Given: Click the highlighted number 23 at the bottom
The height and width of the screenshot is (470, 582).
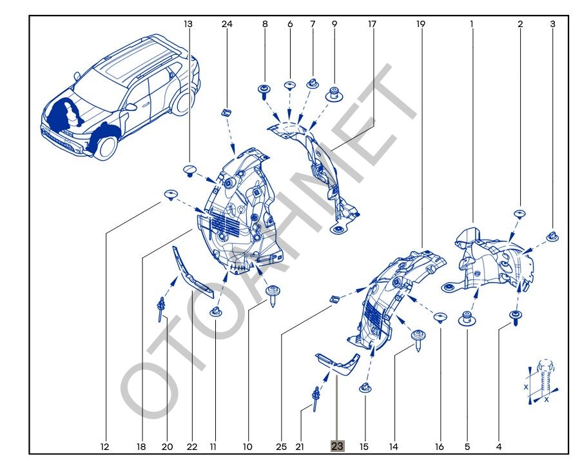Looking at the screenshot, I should tap(337, 446).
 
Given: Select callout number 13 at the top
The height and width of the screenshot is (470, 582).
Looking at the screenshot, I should tap(188, 24).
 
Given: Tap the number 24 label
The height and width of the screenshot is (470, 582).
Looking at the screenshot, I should tap(226, 24).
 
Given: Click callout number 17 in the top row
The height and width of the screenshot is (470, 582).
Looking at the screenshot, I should tap(372, 24).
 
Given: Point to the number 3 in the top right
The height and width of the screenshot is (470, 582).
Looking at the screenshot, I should tap(552, 24).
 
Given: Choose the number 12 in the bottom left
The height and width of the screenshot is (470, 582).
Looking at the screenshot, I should tap(105, 446).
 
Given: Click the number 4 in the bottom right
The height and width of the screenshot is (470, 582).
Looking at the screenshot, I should tap(499, 446).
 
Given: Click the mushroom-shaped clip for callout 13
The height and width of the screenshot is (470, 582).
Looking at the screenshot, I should tap(189, 170).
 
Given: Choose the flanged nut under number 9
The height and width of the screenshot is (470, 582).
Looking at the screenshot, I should tap(335, 93).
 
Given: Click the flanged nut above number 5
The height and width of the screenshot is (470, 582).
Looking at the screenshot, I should tap(467, 319).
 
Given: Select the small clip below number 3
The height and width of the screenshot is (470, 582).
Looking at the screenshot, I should tap(552, 237).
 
